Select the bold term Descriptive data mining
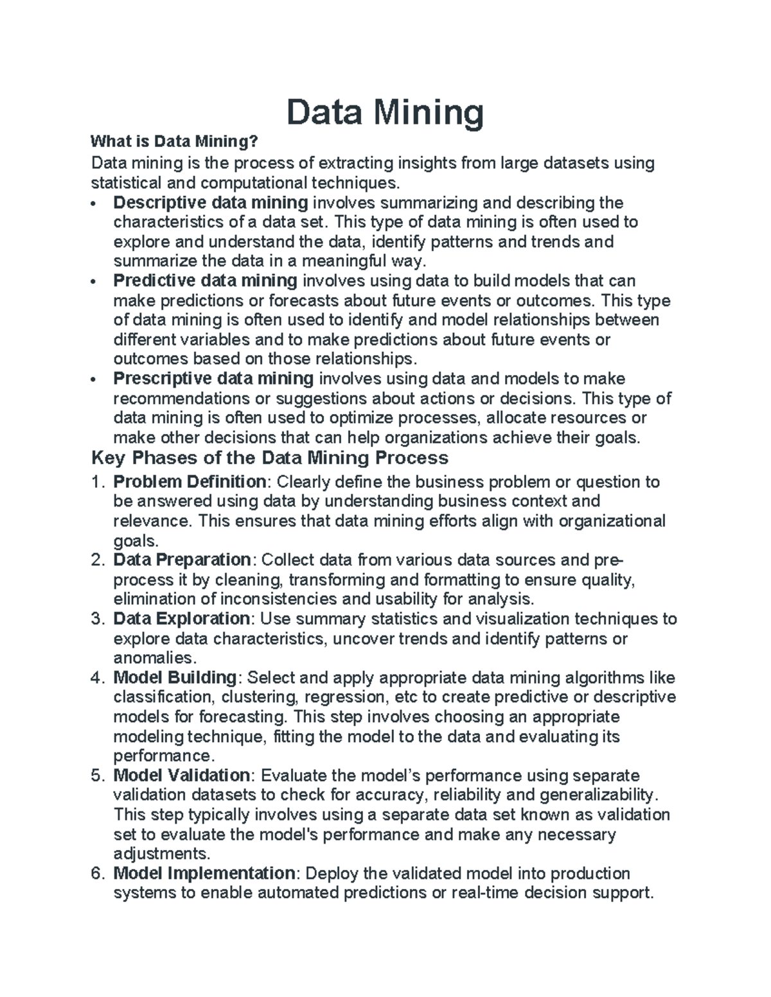coord(210,203)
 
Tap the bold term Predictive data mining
coord(205,281)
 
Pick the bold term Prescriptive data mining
coord(213,379)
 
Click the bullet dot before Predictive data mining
coord(94,282)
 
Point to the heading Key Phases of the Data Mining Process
coord(270,458)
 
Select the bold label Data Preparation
coord(182,560)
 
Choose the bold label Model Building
coord(175,678)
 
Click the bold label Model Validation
coord(182,776)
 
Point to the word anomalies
coord(152,658)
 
